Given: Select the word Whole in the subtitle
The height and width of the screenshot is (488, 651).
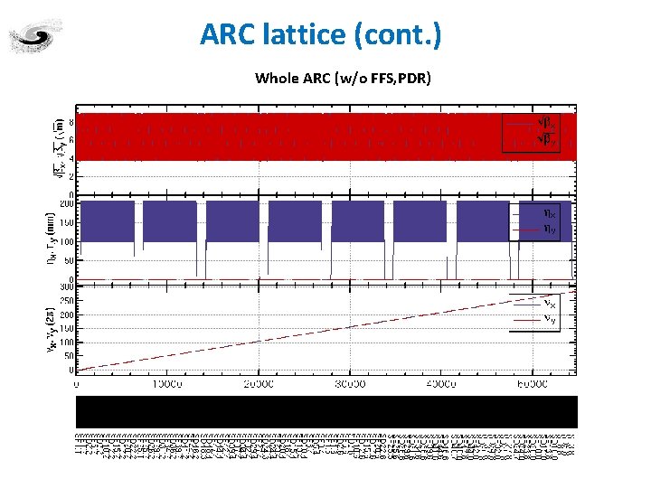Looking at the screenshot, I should (x=275, y=78).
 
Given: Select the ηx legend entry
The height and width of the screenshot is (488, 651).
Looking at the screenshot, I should (x=549, y=214).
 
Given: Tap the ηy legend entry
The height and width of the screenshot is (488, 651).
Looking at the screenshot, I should (x=549, y=230).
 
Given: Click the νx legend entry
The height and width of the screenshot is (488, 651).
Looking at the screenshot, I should (x=549, y=302).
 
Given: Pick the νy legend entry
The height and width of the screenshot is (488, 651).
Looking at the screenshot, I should (x=549, y=318).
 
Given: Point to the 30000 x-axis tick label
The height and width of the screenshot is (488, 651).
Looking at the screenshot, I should (x=350, y=384).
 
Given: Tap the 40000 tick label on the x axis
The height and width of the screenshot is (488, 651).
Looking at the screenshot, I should (x=441, y=384).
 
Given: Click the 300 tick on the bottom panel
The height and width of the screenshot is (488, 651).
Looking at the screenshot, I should (x=65, y=286).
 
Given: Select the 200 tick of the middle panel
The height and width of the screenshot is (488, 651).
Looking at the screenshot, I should (x=65, y=204).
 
